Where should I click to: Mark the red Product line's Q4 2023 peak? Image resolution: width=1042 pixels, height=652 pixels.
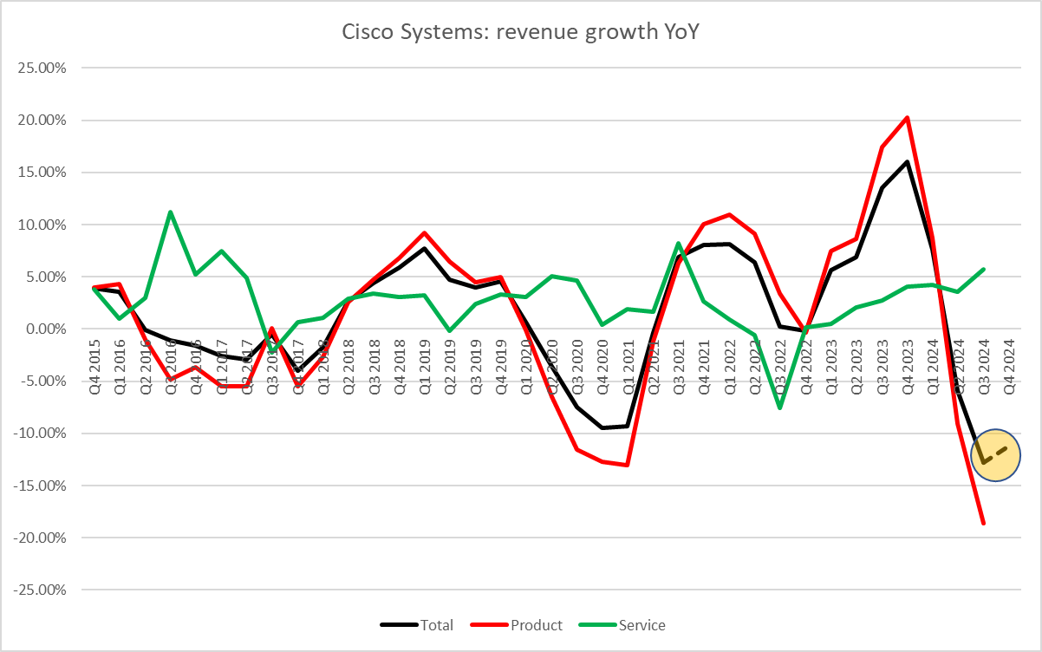pyautogui.click(x=907, y=117)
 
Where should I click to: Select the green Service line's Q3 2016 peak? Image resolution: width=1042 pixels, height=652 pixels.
pyautogui.click(x=170, y=212)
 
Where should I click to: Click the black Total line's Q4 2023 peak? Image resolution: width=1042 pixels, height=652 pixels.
pyautogui.click(x=907, y=161)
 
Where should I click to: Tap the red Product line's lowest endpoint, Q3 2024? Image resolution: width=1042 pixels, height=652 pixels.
pyautogui.click(x=983, y=524)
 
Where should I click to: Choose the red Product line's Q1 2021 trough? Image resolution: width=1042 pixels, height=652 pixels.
pyautogui.click(x=627, y=466)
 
